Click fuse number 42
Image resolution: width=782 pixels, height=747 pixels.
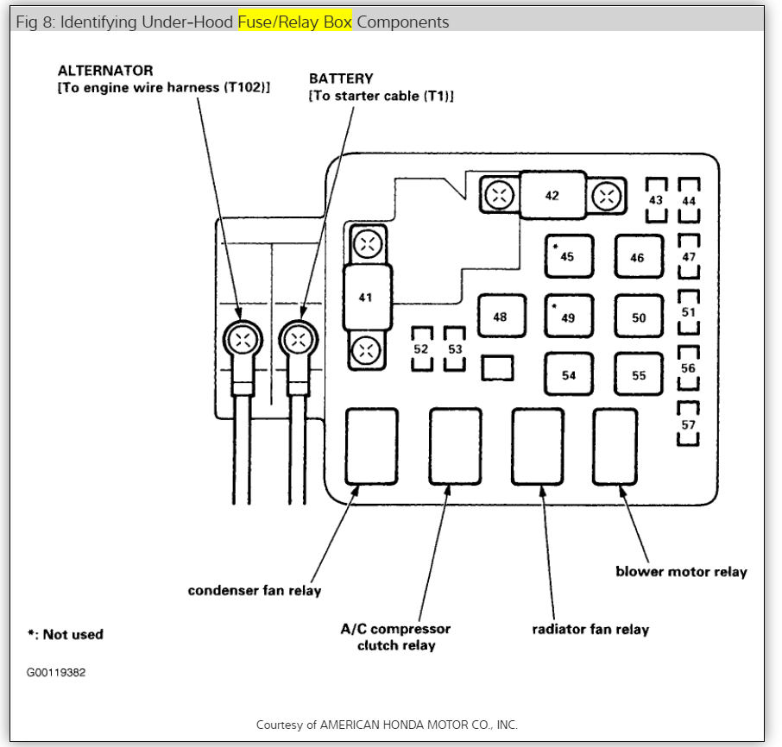coord(552,195)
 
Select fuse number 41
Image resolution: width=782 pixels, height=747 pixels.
coord(367,297)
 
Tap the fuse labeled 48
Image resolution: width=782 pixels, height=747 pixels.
coord(500,317)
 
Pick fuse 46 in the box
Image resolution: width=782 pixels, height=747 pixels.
coord(638,257)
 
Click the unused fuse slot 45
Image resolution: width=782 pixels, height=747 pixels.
coord(568,256)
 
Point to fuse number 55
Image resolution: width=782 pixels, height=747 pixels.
coord(638,375)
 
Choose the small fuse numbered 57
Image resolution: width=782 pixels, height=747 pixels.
coord(688,424)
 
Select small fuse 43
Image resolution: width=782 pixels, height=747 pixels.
coord(656,200)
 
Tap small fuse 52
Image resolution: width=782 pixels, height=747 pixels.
coord(421,348)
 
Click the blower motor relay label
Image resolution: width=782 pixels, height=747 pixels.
coord(681,572)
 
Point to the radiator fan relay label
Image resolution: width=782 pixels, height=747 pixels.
coord(590,629)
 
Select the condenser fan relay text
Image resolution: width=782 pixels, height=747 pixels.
coord(255,591)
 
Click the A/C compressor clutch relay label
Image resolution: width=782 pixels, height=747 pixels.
coord(395,637)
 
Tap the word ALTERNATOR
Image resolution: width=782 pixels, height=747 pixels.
coord(105,71)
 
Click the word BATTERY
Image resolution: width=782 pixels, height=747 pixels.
coord(341,78)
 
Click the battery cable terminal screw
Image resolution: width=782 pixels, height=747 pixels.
coord(299,338)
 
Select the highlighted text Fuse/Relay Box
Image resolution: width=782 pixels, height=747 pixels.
coord(295,22)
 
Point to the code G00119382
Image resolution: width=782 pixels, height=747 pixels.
coord(56,672)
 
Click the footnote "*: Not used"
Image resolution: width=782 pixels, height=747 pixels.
coord(66,634)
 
